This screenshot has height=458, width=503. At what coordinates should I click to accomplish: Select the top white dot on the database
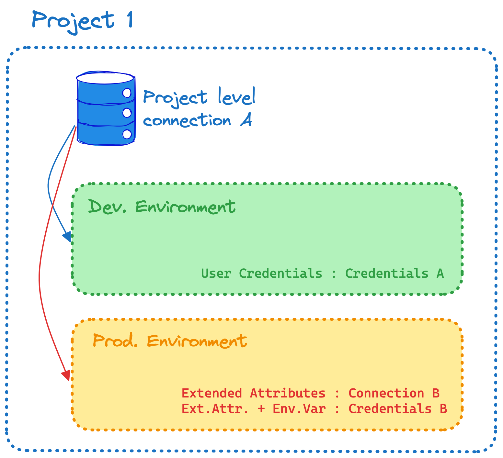[127, 93]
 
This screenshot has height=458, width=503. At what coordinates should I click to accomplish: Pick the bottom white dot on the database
[127, 134]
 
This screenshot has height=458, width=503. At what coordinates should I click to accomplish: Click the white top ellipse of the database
[105, 78]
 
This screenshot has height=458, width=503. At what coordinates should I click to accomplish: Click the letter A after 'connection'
[246, 120]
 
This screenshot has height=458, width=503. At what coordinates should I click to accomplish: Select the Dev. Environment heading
[162, 207]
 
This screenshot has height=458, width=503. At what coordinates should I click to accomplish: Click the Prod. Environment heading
[170, 341]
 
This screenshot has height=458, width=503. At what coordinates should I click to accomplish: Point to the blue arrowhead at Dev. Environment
[67, 237]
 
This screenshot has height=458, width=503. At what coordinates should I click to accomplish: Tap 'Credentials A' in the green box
[394, 274]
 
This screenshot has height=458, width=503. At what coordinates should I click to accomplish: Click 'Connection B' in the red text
[394, 393]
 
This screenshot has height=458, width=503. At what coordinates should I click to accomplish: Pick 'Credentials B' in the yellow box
[397, 409]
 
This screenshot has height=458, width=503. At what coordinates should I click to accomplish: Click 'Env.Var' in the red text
[299, 409]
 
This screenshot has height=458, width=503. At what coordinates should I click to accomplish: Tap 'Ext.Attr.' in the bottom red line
[215, 409]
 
